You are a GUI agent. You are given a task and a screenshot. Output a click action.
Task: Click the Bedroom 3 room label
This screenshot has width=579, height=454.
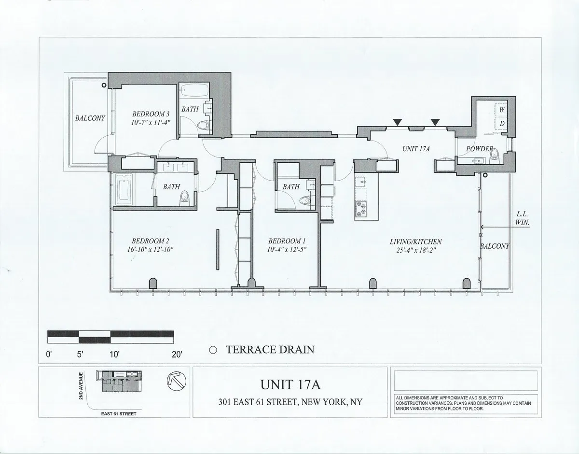point(151,114)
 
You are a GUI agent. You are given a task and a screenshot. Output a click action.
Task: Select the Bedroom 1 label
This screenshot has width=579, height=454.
point(287,241)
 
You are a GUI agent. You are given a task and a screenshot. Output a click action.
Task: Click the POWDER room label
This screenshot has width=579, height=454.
point(479,149)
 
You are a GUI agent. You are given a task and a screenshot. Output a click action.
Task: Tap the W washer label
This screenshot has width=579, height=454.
point(502,110)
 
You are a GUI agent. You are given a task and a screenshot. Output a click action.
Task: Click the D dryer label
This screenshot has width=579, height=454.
point(502,123)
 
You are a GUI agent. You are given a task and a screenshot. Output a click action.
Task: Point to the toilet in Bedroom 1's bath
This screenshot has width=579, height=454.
point(304,200)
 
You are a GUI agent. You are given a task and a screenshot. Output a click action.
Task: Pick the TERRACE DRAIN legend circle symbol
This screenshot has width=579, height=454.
point(213,350)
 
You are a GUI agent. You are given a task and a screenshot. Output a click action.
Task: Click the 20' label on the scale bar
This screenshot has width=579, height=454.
point(176,354)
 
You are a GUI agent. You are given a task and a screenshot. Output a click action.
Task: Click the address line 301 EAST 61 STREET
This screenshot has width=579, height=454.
point(290,402)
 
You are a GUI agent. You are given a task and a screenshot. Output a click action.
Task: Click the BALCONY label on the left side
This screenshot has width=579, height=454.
point(90,117)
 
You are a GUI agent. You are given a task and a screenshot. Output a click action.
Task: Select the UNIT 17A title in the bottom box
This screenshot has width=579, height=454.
point(290,385)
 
